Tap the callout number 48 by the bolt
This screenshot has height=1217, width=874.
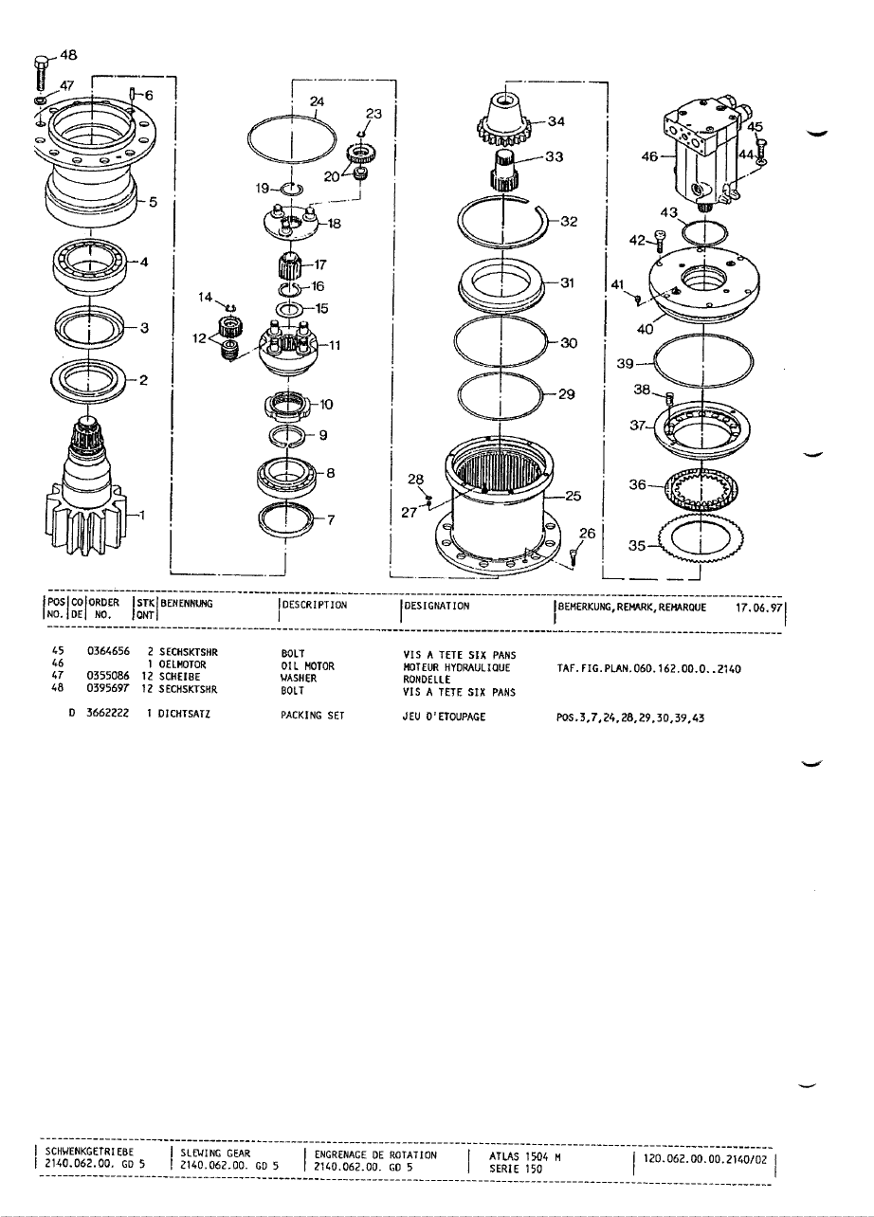pyautogui.click(x=70, y=54)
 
